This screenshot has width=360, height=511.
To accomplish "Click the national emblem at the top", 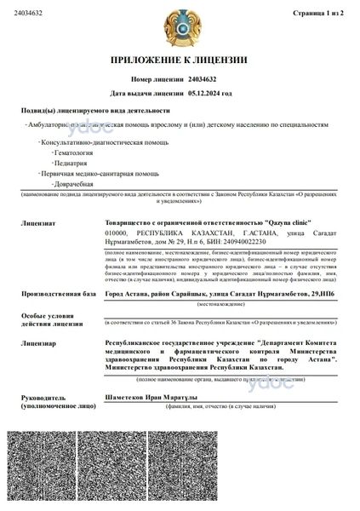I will [180, 26].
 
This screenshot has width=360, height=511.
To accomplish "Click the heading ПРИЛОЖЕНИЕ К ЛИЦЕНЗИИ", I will [180, 60].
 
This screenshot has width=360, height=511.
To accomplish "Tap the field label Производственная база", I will [56, 293].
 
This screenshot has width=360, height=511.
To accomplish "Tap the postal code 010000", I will [116, 232].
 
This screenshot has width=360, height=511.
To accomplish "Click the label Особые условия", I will [49, 316].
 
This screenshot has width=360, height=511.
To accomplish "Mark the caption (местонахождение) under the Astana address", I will [221, 303].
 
